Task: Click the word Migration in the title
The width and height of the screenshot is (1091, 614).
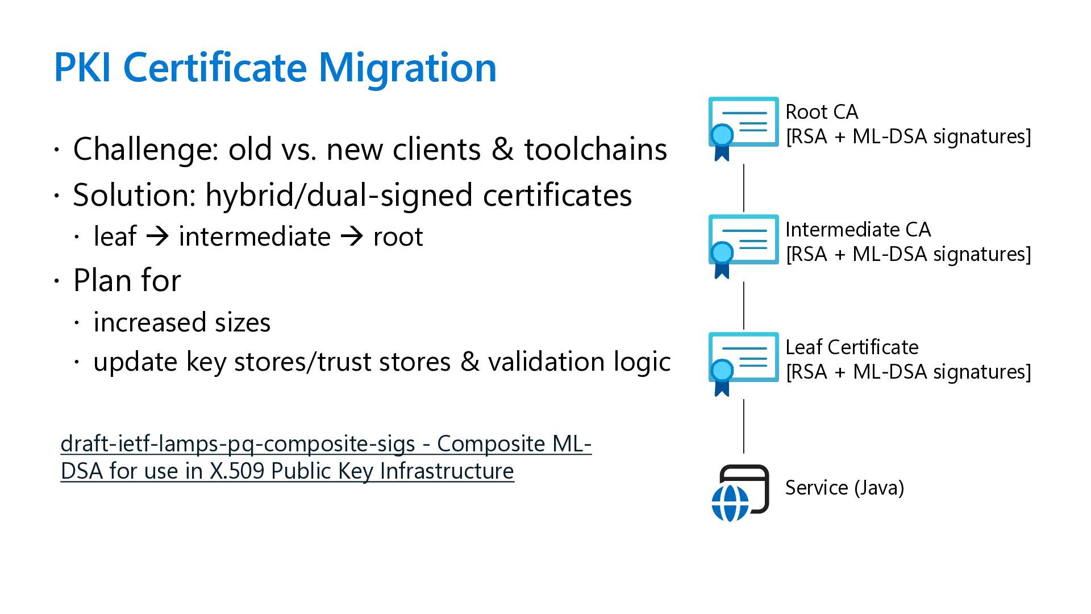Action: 407,68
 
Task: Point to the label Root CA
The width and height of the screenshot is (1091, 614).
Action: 821,112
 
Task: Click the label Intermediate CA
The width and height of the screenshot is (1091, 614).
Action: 857,230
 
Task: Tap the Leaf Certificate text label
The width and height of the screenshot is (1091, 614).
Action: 851,347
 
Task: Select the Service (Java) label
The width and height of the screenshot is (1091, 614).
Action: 844,488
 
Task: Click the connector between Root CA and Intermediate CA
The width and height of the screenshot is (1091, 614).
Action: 744,188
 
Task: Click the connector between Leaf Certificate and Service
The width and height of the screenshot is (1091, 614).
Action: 744,426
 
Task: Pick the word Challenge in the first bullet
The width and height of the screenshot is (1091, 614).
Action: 145,150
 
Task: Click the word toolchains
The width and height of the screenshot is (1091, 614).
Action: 595,150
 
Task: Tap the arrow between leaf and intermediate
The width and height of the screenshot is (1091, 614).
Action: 157,237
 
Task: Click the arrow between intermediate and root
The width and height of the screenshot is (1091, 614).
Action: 352,237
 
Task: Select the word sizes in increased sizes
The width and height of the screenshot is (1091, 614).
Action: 242,322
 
